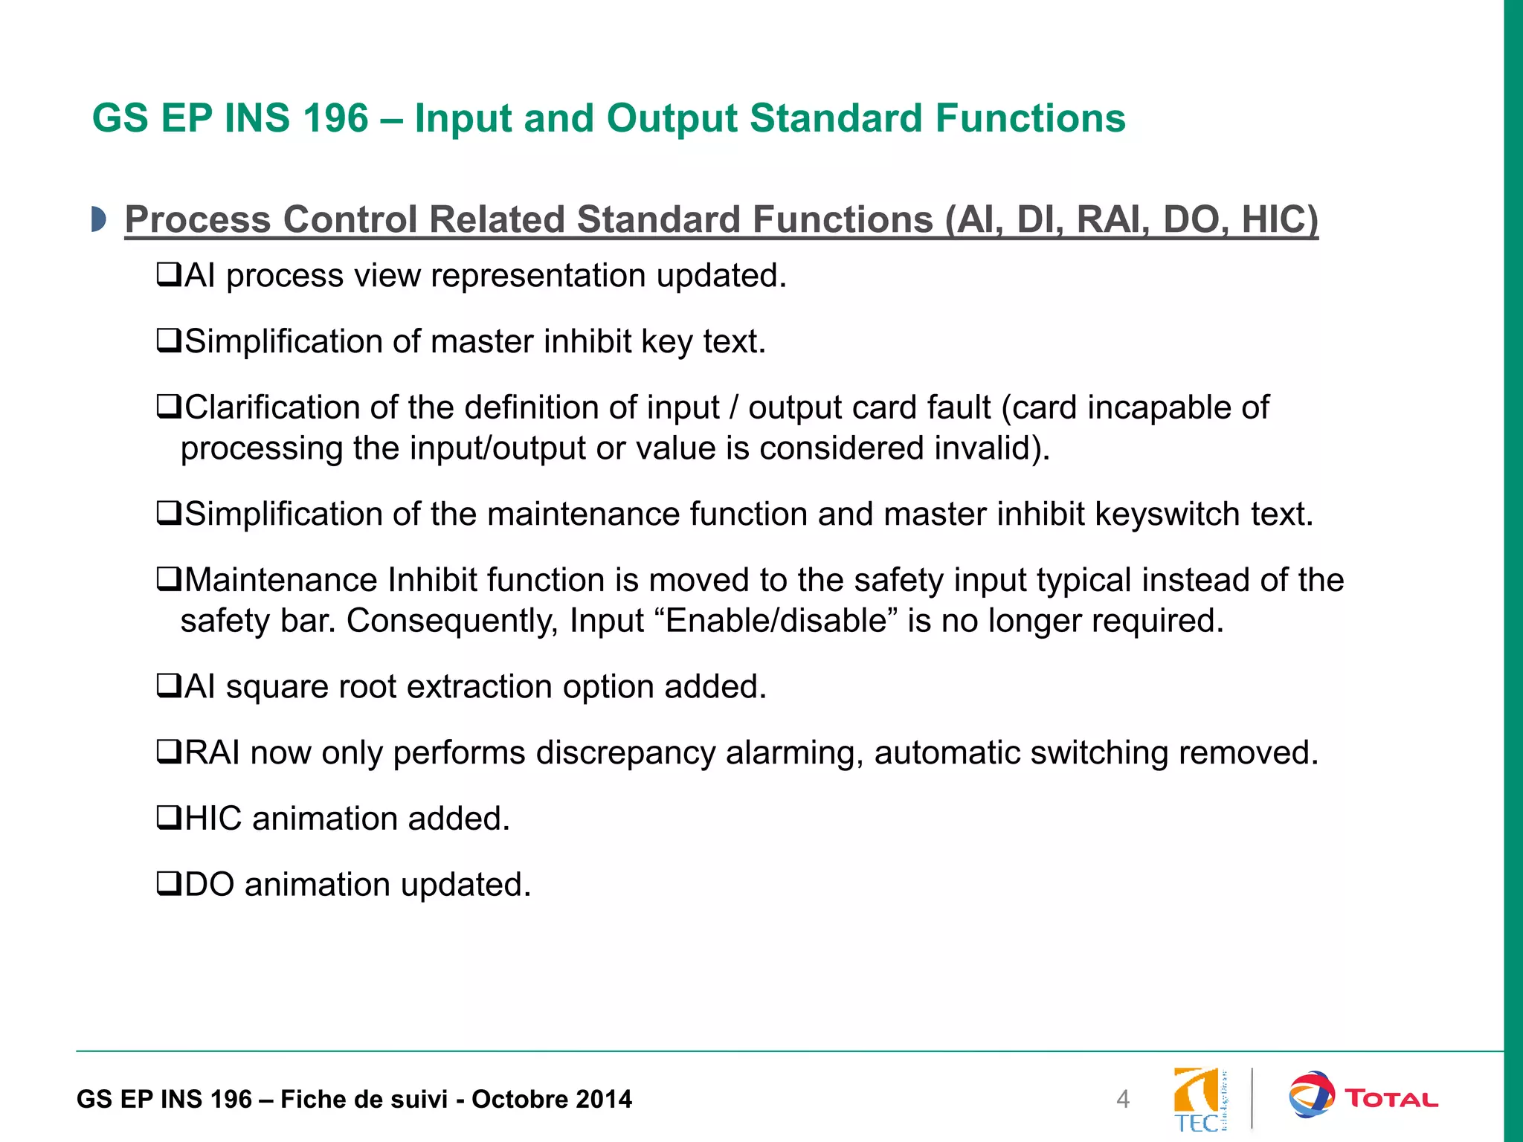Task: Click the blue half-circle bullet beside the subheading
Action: pos(98,219)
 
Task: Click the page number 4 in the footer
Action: pos(1123,1099)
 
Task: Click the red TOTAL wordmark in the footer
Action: pos(1391,1099)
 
